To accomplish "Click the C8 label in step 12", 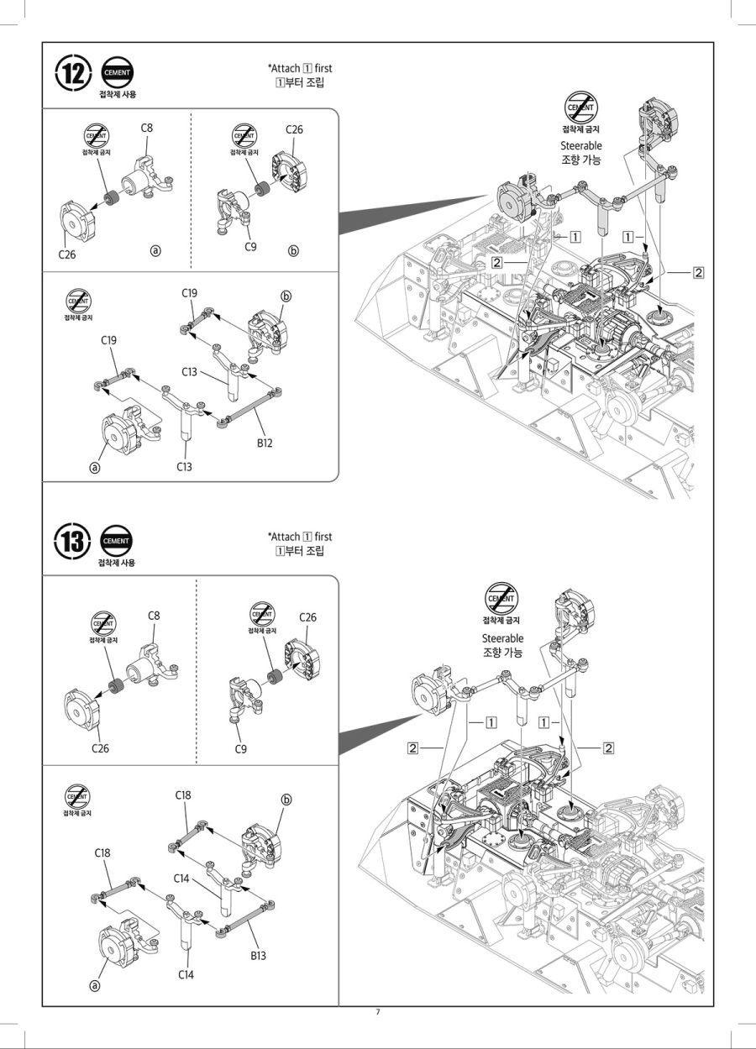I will coord(146,128).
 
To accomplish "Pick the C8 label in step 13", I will coord(154,616).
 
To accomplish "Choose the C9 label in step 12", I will coord(249,246).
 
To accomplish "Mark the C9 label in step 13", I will coord(242,748).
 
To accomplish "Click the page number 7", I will coord(378,1012).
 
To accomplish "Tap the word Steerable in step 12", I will coord(581,145).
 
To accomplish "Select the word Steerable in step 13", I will coord(502,638).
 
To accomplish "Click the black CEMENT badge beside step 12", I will coord(117,73).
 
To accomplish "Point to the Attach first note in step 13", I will coord(300,537).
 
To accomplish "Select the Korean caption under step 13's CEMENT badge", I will coord(116,563).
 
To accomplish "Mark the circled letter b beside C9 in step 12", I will coord(292,251).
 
